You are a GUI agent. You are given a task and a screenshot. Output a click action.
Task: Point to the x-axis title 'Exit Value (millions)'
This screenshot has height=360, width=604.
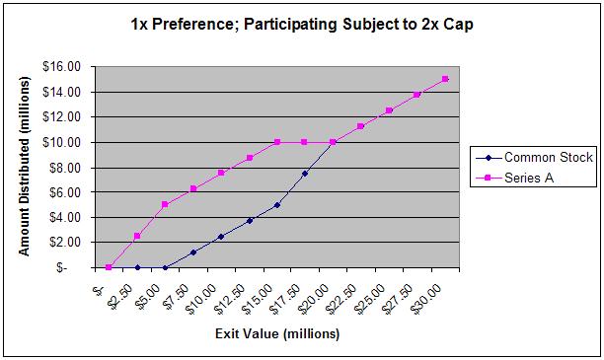coord(277,333)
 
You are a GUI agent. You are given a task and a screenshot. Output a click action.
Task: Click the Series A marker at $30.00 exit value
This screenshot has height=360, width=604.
coord(445,79)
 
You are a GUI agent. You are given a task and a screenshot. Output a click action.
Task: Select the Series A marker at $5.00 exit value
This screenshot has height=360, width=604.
coord(165,204)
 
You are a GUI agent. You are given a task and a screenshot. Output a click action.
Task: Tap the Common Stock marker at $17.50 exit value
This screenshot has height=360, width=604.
coord(305,174)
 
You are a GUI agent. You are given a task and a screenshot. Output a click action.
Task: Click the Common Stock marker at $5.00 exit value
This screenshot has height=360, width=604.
coord(165,267)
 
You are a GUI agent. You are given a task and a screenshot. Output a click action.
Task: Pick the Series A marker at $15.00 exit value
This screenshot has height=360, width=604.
coord(277,142)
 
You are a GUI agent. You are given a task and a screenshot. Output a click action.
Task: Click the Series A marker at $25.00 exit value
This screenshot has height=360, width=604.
coord(389,110)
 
